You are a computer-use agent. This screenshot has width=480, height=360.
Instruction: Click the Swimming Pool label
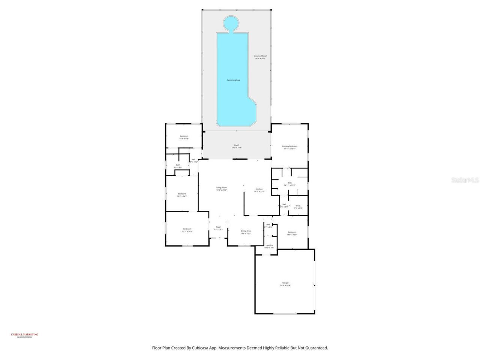point(233,80)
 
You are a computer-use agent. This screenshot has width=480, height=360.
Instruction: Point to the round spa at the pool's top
point(231,23)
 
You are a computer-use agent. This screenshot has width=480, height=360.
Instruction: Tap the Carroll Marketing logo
point(24,335)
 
